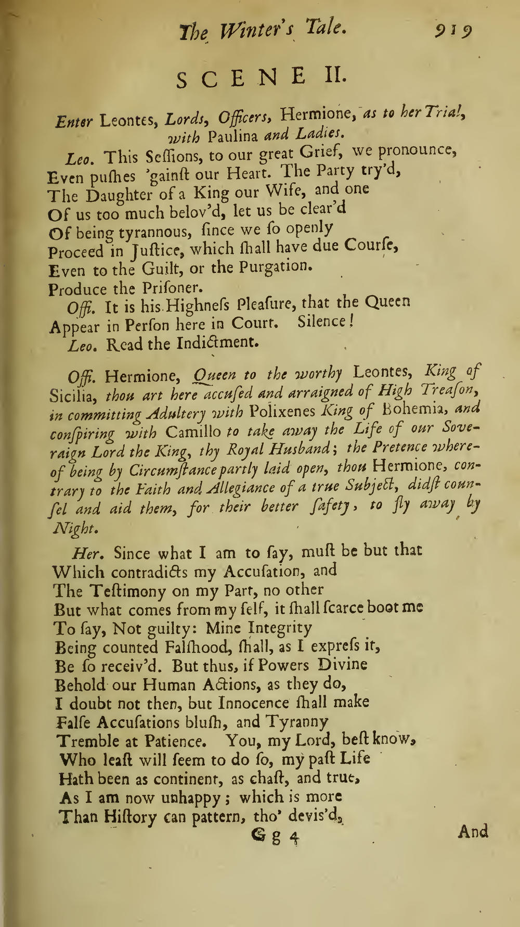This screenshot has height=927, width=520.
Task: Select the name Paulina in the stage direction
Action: click(235, 136)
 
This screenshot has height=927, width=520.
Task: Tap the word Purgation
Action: click(275, 268)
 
